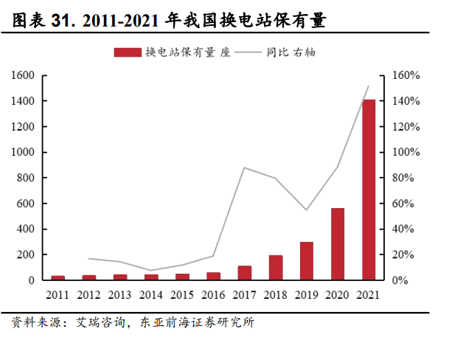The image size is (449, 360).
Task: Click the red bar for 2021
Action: click(x=369, y=190)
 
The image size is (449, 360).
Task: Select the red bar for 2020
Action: click(x=338, y=244)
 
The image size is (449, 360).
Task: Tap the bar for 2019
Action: click(x=307, y=261)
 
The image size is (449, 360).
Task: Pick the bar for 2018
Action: click(x=276, y=268)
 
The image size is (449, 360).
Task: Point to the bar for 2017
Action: click(x=245, y=273)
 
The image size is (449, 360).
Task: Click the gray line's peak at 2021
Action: click(x=369, y=86)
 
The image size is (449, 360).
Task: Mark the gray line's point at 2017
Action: click(x=245, y=167)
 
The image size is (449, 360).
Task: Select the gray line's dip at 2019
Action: click(x=307, y=210)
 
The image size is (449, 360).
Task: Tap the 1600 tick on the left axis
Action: click(x=23, y=75)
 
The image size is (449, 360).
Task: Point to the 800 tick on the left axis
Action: click(x=26, y=178)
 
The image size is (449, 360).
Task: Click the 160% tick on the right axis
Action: click(x=405, y=75)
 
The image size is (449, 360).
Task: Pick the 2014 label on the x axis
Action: click(x=151, y=295)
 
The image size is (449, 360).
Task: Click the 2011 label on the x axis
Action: click(x=58, y=295)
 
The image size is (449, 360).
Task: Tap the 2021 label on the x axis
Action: click(x=369, y=295)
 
